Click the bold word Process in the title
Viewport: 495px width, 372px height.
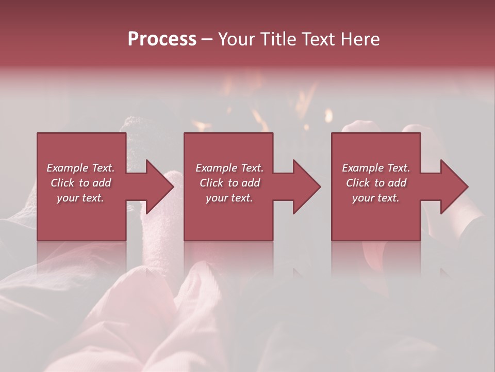coord(162,39)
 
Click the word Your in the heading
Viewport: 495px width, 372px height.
coord(237,39)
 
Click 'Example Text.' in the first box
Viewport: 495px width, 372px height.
coord(80,168)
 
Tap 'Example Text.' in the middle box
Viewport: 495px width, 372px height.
coord(229,168)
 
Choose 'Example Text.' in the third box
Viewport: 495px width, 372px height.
coord(376,168)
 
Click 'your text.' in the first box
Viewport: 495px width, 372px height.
coord(80,198)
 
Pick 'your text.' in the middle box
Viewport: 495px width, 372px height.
coord(229,198)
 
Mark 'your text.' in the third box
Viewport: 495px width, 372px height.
coord(376,198)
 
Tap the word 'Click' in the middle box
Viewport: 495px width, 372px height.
coord(211,183)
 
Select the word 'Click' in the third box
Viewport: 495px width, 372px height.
coord(358,183)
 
